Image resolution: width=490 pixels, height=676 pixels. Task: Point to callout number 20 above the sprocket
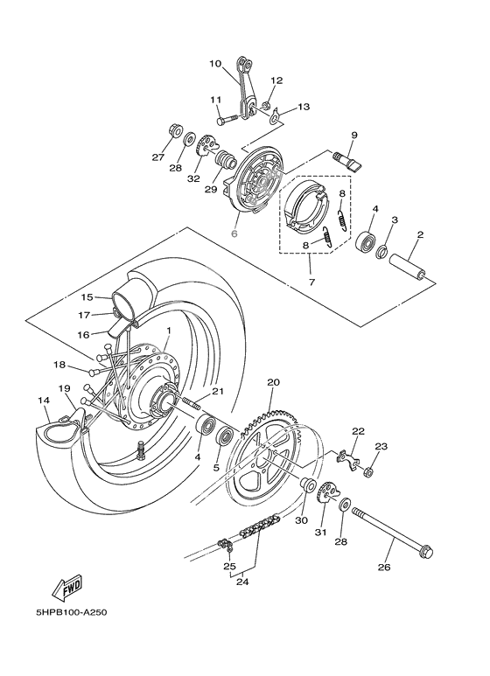click(272, 382)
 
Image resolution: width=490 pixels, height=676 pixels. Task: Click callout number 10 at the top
click(216, 63)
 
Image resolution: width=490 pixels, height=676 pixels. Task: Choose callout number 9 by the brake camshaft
click(354, 135)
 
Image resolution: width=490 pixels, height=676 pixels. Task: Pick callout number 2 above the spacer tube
click(420, 235)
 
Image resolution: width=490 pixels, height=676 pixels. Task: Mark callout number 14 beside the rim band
click(43, 401)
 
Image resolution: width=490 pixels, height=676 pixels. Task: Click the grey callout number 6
click(234, 233)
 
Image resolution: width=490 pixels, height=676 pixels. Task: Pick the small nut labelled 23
click(368, 473)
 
